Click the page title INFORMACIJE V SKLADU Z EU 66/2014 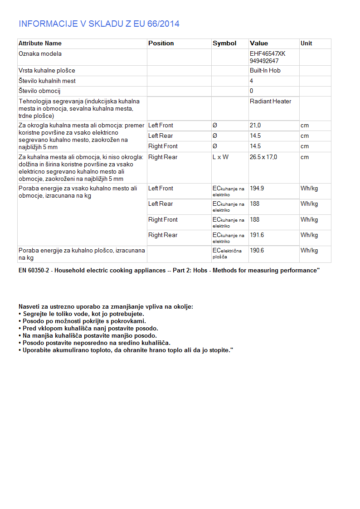tap(99, 24)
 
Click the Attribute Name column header tap(40, 44)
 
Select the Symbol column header tap(224, 44)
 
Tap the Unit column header tap(306, 44)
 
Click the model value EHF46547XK tap(268, 54)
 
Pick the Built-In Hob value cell tap(265, 71)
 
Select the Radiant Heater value tap(270, 102)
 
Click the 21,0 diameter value tap(255, 126)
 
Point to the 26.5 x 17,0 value tap(263, 157)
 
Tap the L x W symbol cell tap(221, 157)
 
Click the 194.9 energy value tap(257, 189)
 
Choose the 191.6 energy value tap(257, 235)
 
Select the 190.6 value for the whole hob tap(257, 251)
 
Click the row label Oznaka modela tap(40, 54)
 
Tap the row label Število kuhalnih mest tap(47, 81)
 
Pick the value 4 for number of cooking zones tap(252, 81)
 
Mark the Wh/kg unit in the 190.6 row tap(309, 251)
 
